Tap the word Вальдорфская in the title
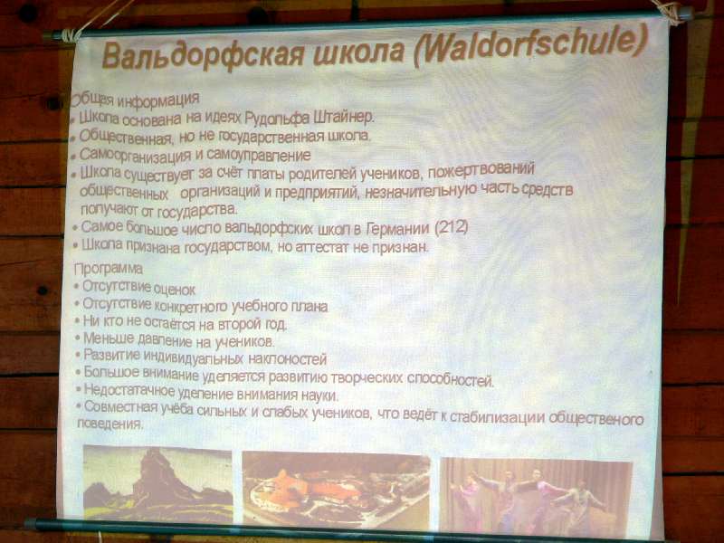click(202, 55)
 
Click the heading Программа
click(109, 269)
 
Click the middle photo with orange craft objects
click(336, 490)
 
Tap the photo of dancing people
click(536, 496)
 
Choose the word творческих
click(368, 378)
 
